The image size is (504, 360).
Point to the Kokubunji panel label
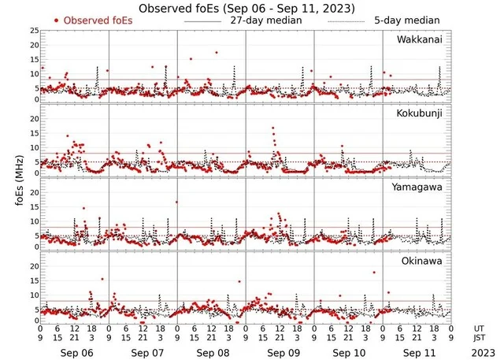(x=420, y=113)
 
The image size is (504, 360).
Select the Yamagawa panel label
(x=419, y=187)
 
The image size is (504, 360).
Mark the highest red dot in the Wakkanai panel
(x=217, y=53)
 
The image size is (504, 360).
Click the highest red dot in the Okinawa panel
(x=374, y=273)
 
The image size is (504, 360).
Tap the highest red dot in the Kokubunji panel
(x=273, y=128)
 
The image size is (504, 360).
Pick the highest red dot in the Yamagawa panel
(x=176, y=202)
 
